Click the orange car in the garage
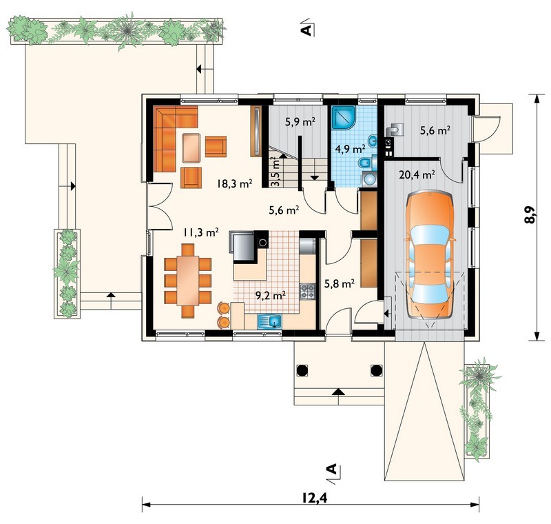[429, 254]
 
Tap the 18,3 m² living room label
[235, 183]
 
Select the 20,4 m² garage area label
[417, 174]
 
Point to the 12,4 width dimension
[314, 498]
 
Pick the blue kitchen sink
[270, 321]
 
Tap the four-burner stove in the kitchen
[307, 292]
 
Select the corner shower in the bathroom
[344, 117]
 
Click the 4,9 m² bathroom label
[350, 149]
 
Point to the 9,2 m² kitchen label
[270, 296]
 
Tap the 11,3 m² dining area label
[201, 232]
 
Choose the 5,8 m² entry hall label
[339, 283]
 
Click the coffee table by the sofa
[191, 148]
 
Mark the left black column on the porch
[302, 370]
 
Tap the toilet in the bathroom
[365, 163]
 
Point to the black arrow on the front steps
[338, 392]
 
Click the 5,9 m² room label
[300, 122]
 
